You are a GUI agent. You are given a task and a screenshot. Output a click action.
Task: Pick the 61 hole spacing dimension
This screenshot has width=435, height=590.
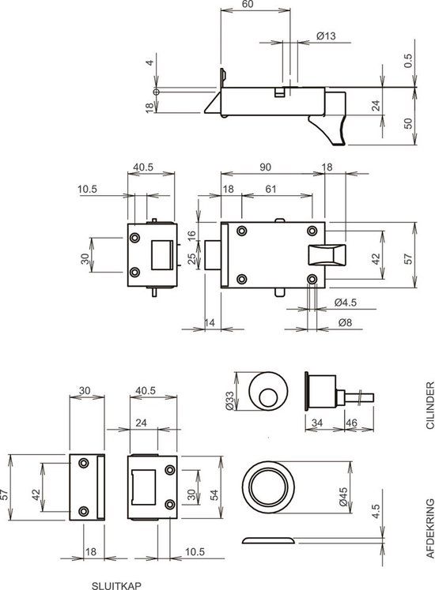coord(270,190)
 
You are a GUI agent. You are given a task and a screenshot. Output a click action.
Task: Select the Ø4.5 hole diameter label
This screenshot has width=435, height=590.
coord(345,303)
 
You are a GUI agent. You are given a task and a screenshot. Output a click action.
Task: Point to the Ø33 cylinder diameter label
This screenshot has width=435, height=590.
coord(230,402)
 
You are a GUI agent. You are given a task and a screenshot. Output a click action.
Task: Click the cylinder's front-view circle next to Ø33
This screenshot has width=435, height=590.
coord(267,393)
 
